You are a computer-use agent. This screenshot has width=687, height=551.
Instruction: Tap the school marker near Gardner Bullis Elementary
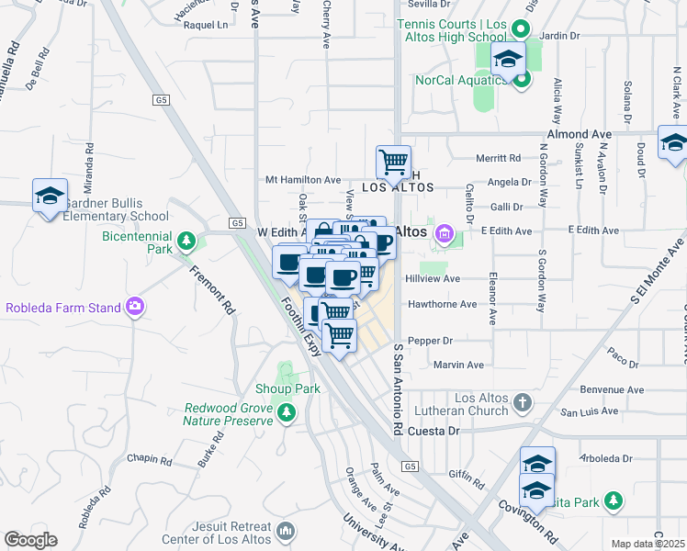(x=51, y=196)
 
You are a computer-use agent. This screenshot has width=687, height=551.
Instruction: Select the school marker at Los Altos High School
(x=507, y=61)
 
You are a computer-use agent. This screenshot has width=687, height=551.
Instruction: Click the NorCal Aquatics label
(x=454, y=80)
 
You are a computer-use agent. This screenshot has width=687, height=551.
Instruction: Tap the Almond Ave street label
(x=579, y=134)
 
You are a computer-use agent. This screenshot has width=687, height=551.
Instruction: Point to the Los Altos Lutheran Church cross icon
(x=522, y=402)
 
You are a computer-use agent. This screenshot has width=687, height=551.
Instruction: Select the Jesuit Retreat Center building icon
(x=286, y=531)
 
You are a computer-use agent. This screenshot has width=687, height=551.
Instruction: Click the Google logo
(x=30, y=540)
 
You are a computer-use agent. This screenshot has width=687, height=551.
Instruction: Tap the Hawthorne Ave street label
(x=443, y=304)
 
